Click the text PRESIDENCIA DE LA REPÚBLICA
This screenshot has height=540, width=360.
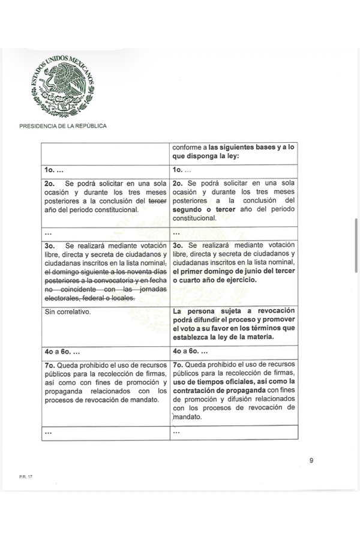[63, 126]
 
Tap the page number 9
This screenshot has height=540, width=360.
[311, 461]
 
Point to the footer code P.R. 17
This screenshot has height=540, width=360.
[25, 477]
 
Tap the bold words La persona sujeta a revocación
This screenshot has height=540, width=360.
[234, 311]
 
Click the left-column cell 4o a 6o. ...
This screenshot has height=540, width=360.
[63, 352]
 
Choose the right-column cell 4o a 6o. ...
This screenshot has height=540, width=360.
[191, 352]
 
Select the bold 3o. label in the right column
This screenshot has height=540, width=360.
[178, 246]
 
